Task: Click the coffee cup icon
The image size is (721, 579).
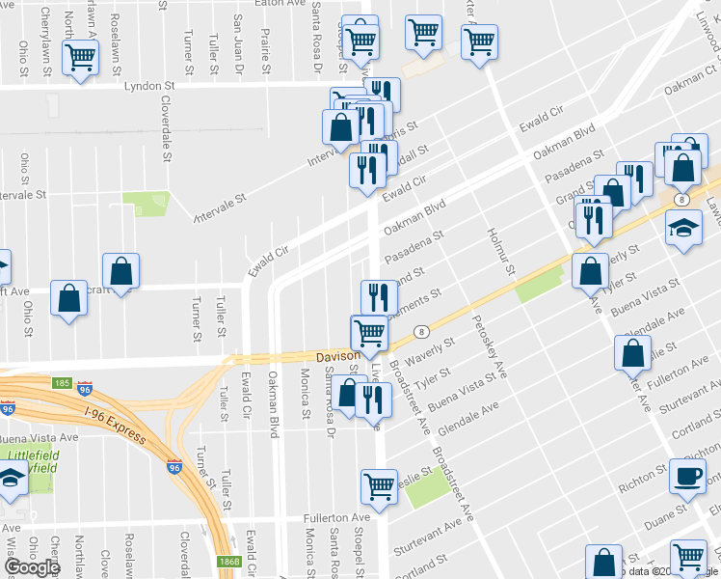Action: coord(688,477)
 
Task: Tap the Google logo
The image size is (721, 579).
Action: coord(32,567)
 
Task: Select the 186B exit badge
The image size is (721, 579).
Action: coord(228,561)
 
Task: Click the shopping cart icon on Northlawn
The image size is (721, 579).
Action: coord(80,58)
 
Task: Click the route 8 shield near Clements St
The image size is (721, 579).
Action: coord(422,331)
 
